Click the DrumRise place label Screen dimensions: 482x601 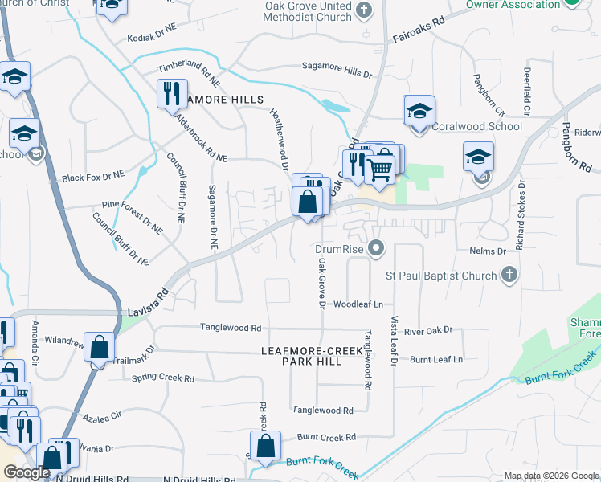(x=339, y=249)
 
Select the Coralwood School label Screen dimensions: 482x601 (x=477, y=126)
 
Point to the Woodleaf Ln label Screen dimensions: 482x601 (x=358, y=304)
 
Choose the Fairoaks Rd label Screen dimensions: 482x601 (x=419, y=31)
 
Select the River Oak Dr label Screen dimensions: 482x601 (x=428, y=330)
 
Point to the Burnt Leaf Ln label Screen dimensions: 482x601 (x=436, y=359)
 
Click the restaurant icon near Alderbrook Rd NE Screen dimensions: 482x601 (x=172, y=95)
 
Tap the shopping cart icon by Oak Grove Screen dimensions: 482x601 (x=383, y=165)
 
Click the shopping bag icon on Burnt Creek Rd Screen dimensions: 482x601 (x=265, y=447)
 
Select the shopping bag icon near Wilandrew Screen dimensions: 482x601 (x=100, y=349)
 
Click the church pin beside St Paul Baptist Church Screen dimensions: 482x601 (x=508, y=276)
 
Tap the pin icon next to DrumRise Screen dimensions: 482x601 (x=375, y=249)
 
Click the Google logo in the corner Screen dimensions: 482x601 (x=27, y=473)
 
